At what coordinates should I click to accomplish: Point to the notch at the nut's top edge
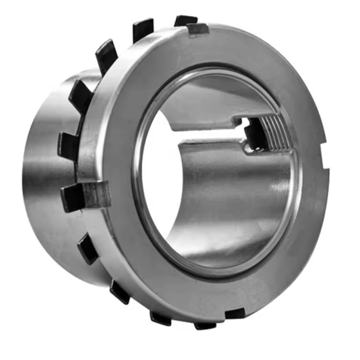[197, 30]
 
